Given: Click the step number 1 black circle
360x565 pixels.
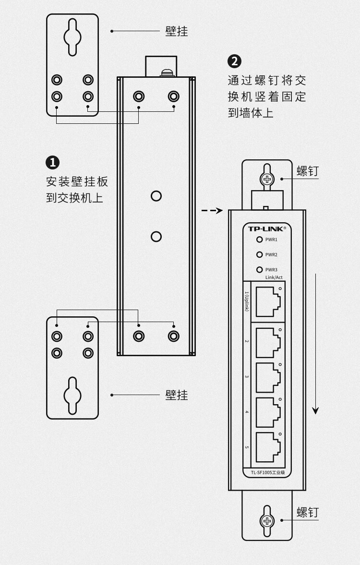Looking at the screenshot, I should [52, 162].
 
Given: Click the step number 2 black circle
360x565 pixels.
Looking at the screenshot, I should [234, 61].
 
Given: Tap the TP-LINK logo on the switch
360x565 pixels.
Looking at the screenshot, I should [266, 228].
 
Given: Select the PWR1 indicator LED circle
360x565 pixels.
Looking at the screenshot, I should [260, 240].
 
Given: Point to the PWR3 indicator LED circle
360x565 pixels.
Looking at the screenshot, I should [260, 270].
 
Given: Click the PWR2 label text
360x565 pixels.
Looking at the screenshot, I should [271, 255].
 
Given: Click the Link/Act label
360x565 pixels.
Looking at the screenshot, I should [274, 277].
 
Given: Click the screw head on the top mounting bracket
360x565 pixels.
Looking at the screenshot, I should [267, 180].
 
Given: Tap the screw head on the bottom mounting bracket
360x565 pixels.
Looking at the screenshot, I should [267, 521].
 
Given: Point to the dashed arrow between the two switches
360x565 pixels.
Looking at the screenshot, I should [212, 210].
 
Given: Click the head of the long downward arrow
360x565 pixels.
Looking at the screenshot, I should [315, 410].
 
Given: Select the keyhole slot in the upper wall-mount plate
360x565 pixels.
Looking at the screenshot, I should [72, 37].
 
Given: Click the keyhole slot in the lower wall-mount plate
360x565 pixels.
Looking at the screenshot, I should [72, 395].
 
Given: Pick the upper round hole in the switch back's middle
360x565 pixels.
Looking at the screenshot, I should [156, 196].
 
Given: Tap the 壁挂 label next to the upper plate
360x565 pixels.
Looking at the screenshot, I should [177, 31].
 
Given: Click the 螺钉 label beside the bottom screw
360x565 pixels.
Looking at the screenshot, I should [307, 512].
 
